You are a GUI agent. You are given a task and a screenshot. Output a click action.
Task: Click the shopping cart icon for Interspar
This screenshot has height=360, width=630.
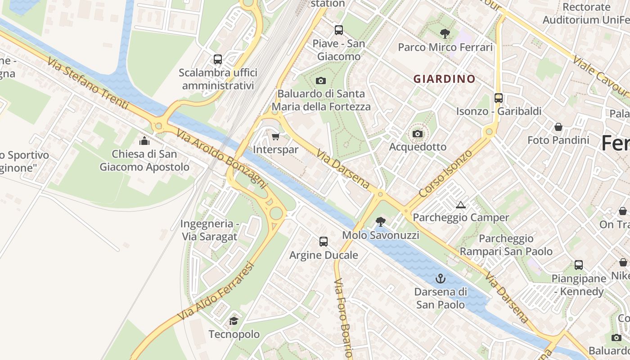point(275,136)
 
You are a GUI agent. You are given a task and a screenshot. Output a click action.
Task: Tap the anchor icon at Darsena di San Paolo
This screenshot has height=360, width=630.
point(440,279)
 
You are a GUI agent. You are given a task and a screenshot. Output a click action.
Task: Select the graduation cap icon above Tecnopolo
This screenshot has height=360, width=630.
point(234,321)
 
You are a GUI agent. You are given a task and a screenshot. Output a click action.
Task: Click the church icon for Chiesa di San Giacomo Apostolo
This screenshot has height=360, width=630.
point(144,141)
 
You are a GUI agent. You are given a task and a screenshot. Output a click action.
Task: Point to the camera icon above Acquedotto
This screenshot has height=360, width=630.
point(418,134)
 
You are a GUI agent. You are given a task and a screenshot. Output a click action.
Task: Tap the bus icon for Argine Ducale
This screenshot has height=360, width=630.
point(323,242)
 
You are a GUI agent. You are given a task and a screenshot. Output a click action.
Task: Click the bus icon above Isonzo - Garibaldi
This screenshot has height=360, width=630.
point(498,98)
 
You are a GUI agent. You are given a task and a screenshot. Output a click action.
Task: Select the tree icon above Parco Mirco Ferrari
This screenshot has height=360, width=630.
point(445,33)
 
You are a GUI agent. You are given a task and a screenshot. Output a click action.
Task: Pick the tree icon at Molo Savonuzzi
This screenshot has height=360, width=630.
point(380,221)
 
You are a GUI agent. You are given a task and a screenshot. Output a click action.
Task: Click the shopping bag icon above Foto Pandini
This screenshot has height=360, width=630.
point(558,127)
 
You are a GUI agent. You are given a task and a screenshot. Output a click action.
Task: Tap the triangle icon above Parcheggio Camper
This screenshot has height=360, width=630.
point(460,205)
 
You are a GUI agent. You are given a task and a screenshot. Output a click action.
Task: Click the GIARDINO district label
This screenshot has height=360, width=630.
point(444,79)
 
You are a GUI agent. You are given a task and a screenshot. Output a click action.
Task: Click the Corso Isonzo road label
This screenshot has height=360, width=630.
point(445,173)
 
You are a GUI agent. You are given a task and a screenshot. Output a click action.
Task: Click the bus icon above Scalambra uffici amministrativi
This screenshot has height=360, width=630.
point(218,59)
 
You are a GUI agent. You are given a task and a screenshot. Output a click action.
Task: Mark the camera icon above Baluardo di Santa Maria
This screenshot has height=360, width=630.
point(320,81)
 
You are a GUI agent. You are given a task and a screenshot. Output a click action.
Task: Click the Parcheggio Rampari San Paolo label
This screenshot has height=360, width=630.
point(506,245)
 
